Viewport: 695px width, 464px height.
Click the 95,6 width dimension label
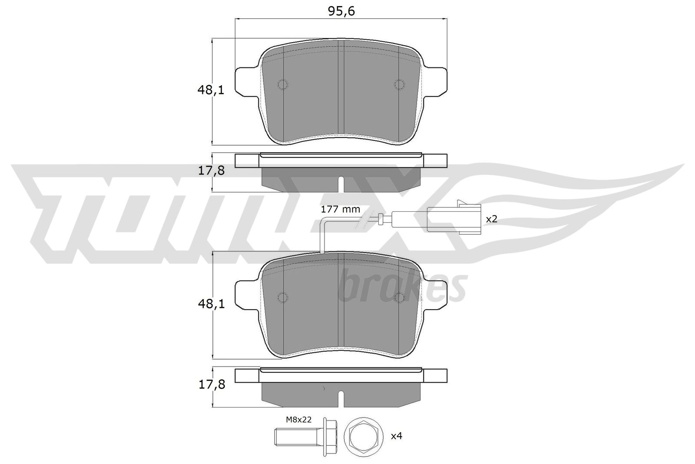pos(342,11)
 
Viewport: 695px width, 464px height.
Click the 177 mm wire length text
pos(340,209)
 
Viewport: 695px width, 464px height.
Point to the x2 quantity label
pos(491,219)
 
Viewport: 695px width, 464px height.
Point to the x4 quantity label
pos(397,435)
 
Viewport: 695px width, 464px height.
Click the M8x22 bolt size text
pos(299,419)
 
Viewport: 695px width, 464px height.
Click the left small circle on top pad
pos(283,85)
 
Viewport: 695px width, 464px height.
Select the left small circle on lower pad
pos(283,297)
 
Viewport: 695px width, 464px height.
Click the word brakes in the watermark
pos(402,287)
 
